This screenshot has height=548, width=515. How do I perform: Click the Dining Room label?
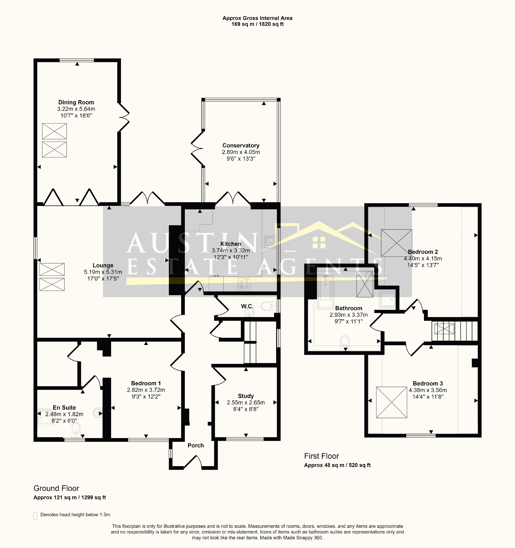coord(76,102)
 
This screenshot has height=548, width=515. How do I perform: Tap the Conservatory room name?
coord(241,145)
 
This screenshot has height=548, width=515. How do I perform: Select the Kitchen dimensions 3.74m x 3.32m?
coord(231,251)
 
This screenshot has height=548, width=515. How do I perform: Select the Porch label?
coord(196,445)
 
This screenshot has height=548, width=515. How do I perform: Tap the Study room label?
coord(246,396)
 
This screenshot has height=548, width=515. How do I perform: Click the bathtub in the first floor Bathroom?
coord(325,292)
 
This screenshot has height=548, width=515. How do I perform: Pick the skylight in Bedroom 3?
coord(391,402)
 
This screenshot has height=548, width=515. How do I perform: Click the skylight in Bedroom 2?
coord(396,243)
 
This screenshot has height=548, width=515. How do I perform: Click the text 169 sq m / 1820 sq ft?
coord(257,24)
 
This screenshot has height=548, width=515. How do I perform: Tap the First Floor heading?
coord(321,456)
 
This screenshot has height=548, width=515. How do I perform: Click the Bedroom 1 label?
coord(146,383)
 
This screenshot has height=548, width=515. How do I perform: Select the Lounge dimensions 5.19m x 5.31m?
coord(103,272)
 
